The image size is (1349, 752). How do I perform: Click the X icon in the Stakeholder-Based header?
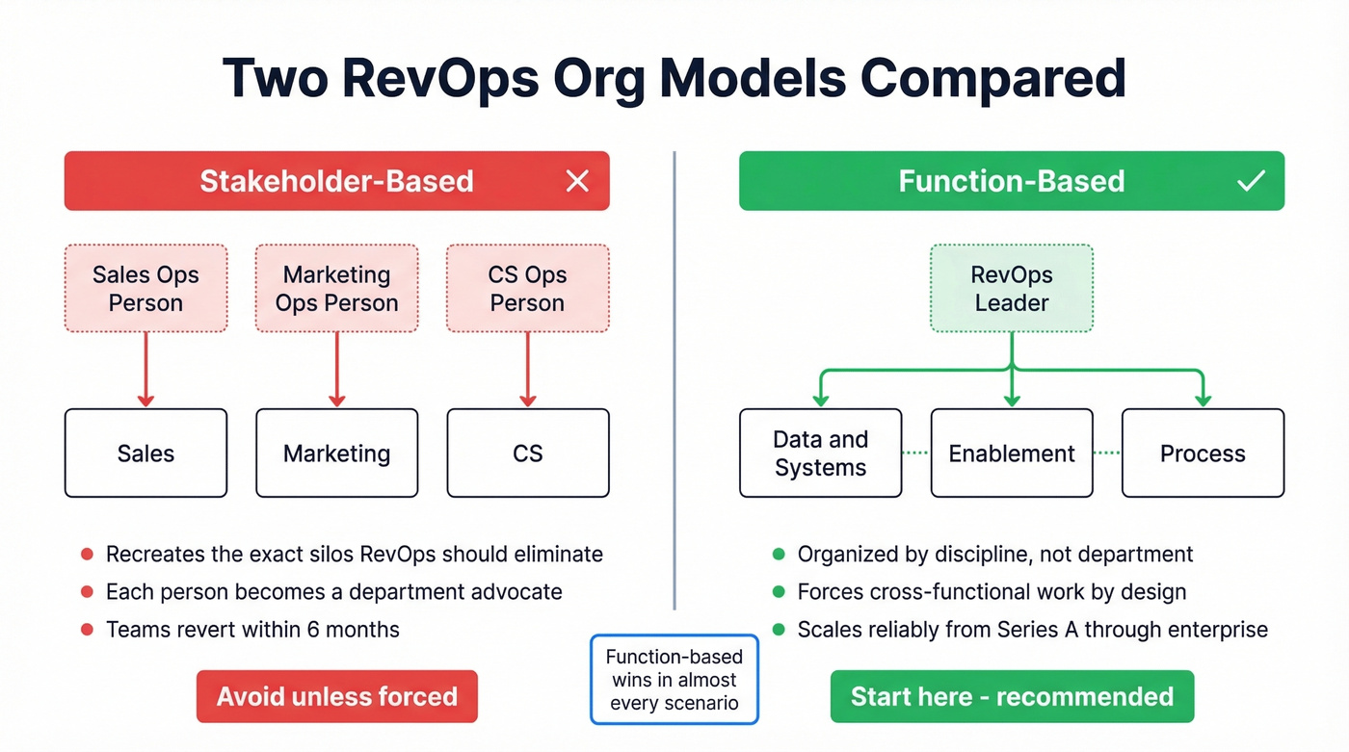click(577, 181)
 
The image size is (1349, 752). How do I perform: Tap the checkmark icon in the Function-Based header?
click(1251, 181)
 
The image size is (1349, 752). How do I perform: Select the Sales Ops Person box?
click(145, 288)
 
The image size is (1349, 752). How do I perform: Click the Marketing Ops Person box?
click(336, 288)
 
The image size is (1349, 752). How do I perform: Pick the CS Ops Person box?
click(527, 288)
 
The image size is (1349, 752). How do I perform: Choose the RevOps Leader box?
click(1011, 288)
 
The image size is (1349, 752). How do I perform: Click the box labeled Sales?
click(145, 453)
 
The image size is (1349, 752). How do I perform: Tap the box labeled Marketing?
click(336, 453)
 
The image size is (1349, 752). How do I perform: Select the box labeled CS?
click(527, 453)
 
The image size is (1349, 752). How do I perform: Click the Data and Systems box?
click(820, 453)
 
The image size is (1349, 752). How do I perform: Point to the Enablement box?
click(1011, 453)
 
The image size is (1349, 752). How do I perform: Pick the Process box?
click(1202, 453)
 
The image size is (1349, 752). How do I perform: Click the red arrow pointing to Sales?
click(145, 371)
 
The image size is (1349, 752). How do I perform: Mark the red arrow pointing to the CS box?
click(527, 371)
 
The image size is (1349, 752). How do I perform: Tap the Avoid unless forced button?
click(336, 696)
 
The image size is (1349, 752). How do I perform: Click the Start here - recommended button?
click(1012, 696)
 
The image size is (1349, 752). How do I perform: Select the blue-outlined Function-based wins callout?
click(674, 679)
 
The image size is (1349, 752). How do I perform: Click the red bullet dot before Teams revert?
click(87, 630)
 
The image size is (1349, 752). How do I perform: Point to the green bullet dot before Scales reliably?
click(779, 630)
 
